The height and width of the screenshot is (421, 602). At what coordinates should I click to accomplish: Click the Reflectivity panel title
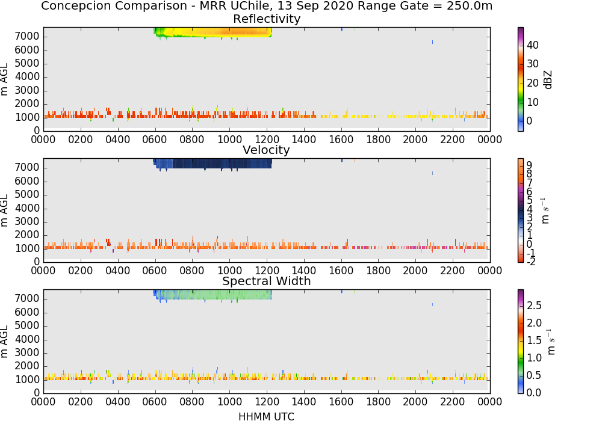267,19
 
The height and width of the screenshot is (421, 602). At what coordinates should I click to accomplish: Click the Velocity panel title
266,150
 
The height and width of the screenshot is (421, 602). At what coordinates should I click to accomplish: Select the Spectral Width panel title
267,281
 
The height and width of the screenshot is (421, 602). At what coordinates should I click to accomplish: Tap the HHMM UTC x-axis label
266,416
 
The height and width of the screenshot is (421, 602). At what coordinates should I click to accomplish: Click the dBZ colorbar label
548,80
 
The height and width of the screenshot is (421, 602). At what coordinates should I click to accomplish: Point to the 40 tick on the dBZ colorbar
533,45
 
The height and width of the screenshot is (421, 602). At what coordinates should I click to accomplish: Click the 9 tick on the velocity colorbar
529,165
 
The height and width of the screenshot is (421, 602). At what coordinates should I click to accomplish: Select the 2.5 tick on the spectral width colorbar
534,306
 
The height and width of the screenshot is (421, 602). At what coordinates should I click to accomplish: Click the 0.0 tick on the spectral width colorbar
534,392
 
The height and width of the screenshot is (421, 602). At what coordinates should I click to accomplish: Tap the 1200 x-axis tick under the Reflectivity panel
267,140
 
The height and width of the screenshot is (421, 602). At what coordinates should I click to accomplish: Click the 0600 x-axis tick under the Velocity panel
155,271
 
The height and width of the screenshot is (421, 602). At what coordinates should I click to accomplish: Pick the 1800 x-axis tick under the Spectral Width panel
378,402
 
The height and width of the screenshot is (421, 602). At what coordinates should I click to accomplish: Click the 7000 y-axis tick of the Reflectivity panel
27,37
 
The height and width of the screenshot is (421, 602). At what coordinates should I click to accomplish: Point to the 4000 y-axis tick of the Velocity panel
27,208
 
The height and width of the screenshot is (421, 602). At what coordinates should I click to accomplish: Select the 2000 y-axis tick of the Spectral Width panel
27,366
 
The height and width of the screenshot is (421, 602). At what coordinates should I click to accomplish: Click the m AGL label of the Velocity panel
4,210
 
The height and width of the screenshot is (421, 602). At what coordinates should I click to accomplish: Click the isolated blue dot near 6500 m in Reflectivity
432,42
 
